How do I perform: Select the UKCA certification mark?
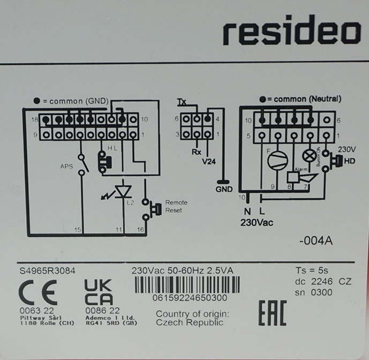[x=99, y=292]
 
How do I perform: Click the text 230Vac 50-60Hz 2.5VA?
[x=182, y=270]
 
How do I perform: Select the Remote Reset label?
[x=177, y=207]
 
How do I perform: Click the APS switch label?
[x=66, y=166]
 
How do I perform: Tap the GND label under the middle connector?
[x=224, y=189]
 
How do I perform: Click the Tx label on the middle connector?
[x=182, y=102]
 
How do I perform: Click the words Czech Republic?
[x=190, y=322]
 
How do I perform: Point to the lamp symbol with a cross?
[x=309, y=154]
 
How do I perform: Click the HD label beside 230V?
[x=350, y=160]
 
